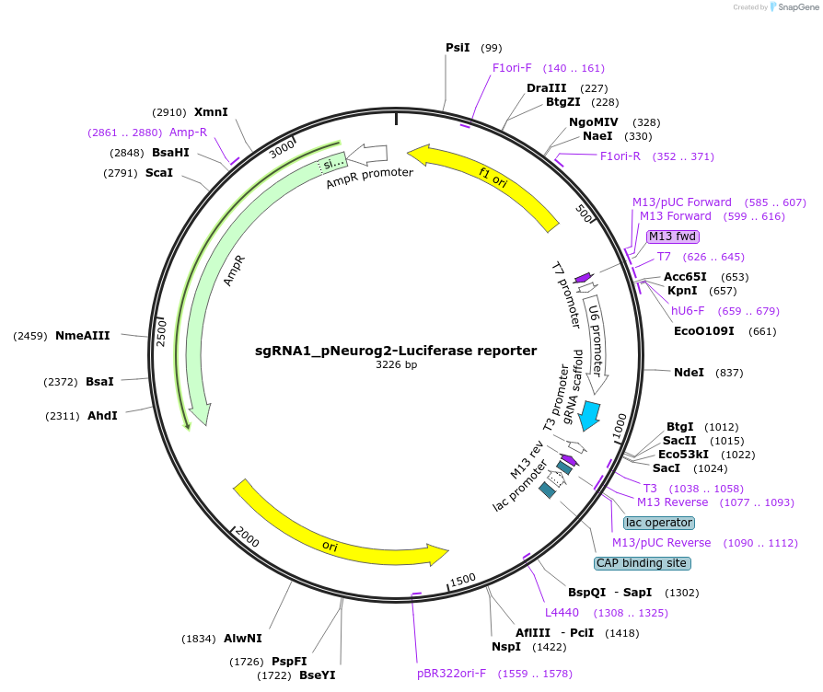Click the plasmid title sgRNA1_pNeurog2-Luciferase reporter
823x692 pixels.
396,351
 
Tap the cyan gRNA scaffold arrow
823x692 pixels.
589,415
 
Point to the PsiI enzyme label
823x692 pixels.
458,47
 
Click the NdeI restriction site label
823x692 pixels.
689,373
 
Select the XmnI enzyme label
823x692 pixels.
211,112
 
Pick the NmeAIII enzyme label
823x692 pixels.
83,336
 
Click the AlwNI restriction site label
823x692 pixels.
242,638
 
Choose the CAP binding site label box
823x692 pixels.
642,562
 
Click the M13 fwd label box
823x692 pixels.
673,236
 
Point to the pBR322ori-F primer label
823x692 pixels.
451,674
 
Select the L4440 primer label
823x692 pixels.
562,612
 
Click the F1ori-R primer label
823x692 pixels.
620,156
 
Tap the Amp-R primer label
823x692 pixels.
188,133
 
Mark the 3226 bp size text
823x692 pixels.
396,365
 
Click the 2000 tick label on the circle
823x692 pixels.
248,536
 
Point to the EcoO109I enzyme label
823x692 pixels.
704,331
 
